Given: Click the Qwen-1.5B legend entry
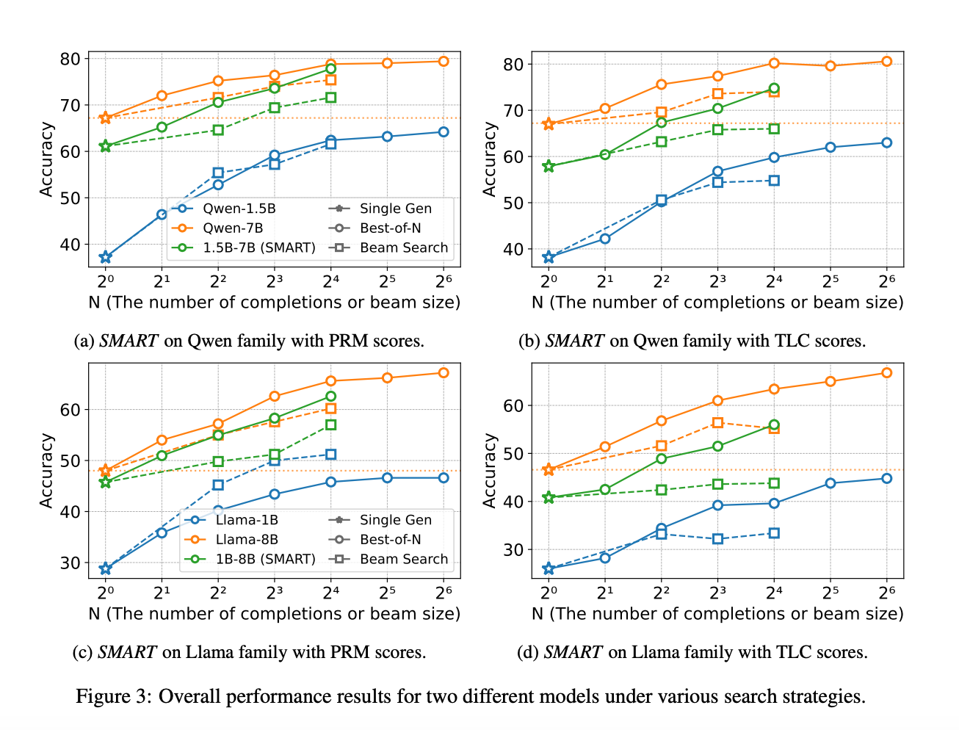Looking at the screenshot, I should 239,209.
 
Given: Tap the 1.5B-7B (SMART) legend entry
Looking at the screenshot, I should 258,247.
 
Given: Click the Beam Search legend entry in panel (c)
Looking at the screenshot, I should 403,559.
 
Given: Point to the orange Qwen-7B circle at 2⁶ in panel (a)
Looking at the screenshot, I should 444,61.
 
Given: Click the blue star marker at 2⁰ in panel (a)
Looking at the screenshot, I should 106,257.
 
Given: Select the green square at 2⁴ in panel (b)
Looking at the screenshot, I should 774,129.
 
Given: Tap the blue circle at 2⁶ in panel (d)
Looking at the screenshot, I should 886,478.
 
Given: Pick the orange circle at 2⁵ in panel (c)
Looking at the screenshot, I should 387,377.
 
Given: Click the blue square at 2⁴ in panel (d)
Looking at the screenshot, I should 774,533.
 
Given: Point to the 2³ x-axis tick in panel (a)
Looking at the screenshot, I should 274,281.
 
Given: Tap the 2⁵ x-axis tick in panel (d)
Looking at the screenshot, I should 830,592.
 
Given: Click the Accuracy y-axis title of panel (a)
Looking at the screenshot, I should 46,159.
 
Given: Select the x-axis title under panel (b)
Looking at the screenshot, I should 717,303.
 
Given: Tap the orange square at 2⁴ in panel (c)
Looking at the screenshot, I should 330,408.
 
